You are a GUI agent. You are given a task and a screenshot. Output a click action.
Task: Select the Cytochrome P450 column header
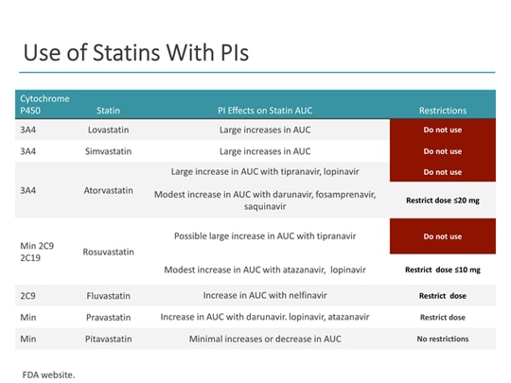tap(44, 104)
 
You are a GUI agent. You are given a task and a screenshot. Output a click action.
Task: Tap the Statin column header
tap(108, 111)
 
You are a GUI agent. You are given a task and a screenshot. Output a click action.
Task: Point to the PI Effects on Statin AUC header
tap(264, 111)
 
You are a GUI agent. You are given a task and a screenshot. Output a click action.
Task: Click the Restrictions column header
tap(443, 111)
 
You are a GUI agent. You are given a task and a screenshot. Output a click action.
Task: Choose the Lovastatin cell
tap(108, 130)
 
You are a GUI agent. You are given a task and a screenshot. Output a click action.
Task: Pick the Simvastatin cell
tap(108, 151)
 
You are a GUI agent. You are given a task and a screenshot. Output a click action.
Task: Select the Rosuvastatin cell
tap(108, 252)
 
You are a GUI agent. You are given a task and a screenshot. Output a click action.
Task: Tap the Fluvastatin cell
tap(108, 295)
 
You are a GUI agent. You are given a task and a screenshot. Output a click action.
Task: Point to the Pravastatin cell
tap(108, 317)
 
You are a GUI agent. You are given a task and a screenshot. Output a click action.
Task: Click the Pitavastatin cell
tap(108, 339)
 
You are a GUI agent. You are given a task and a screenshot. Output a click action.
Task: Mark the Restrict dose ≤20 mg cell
tap(443, 200)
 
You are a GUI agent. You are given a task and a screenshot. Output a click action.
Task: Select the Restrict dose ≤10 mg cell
tap(443, 270)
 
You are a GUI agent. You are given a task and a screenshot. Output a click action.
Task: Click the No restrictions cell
tap(443, 339)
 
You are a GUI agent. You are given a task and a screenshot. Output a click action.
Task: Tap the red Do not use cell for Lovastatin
tap(443, 130)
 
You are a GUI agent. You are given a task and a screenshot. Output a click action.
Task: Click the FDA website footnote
tap(48, 374)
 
